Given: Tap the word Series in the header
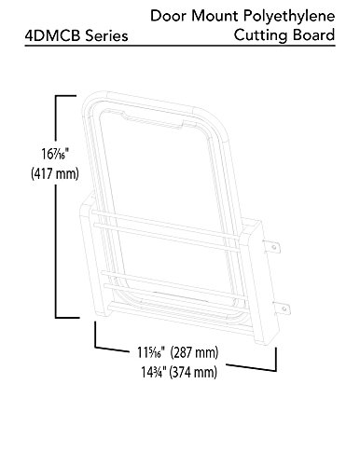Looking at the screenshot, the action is click(106, 35).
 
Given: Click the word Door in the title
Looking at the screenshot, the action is click(168, 16).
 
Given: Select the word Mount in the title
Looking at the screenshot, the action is click(215, 16).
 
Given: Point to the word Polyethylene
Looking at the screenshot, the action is click(289, 17).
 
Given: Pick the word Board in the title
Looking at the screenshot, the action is click(313, 34).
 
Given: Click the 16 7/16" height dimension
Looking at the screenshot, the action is click(55, 154).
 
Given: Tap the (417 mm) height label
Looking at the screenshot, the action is click(55, 173).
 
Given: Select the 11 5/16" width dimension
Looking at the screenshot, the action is click(151, 352).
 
